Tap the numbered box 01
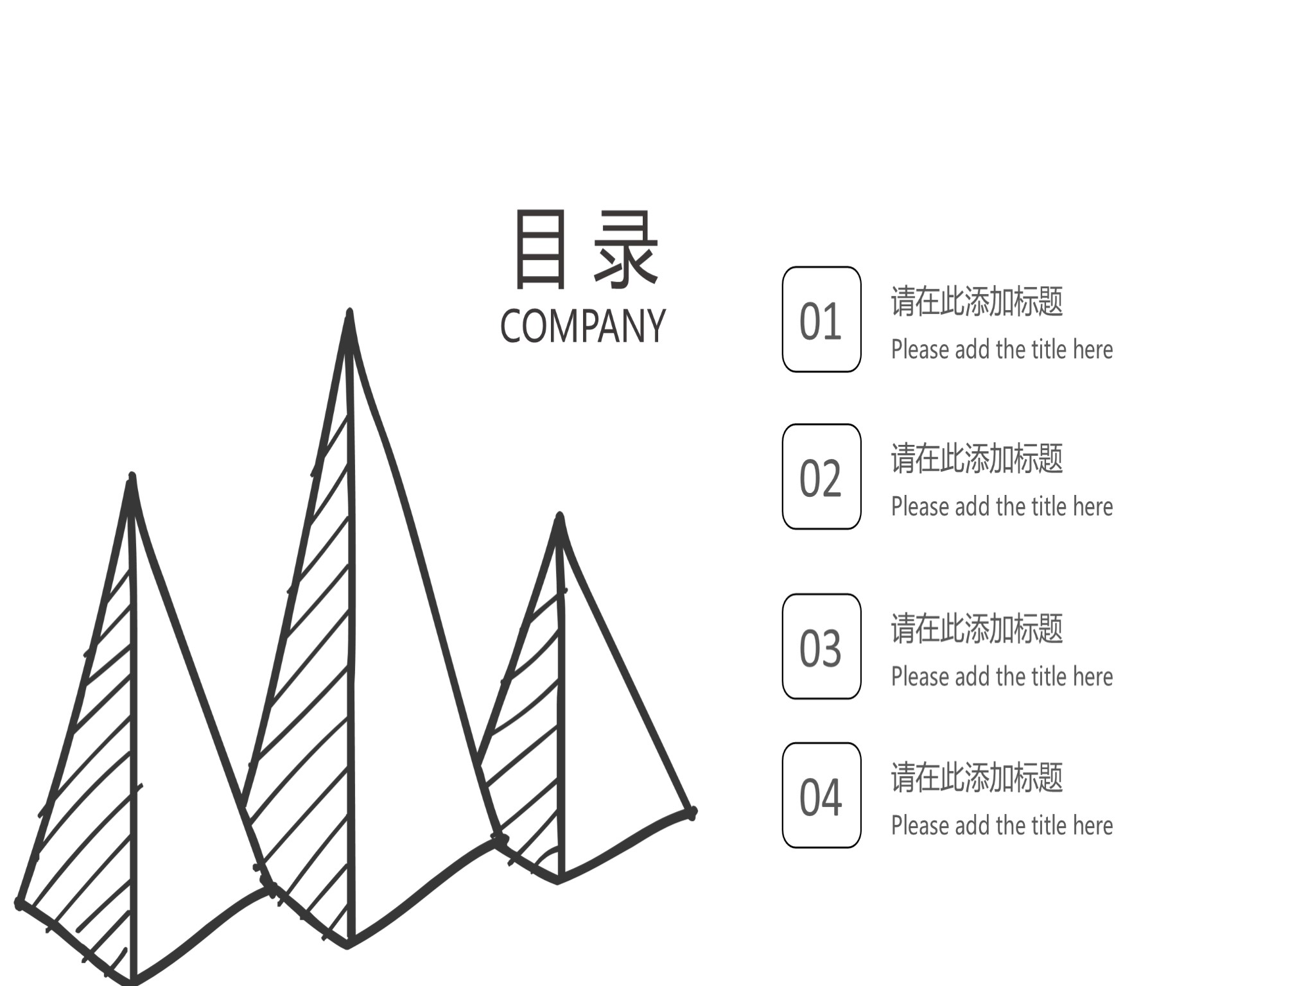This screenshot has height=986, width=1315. point(821,319)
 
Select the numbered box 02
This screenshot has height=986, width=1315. point(821,476)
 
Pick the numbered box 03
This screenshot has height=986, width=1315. point(821,646)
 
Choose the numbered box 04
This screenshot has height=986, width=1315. point(821,795)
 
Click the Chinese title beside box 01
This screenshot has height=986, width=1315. point(977,301)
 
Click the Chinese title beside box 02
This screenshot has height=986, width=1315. point(977,458)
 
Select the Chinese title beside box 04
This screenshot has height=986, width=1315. point(977,777)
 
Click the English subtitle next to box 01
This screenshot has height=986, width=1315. point(1002,349)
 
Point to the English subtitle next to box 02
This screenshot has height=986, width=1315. point(1002,506)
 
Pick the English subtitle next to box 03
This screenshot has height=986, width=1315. point(1002,676)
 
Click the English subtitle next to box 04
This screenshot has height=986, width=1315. point(1002,825)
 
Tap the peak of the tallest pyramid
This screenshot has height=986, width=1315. point(349,313)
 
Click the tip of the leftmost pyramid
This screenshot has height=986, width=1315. point(132,476)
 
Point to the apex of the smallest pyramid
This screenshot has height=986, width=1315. point(559,516)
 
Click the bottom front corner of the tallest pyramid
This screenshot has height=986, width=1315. point(349,944)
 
